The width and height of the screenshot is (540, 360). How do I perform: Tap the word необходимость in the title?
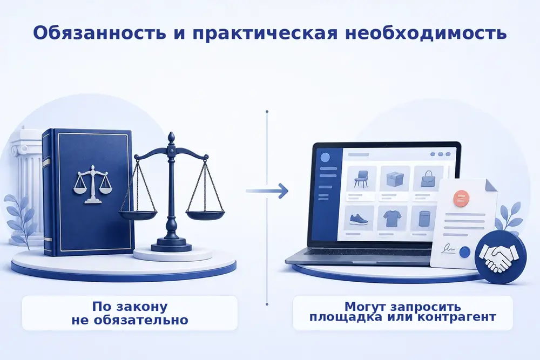pos(426,33)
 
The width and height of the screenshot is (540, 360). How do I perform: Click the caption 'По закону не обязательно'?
pos(130,313)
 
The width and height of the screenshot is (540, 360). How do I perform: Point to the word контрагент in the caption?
pos(457,316)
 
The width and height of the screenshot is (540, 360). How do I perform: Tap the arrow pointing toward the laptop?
pos(267,191)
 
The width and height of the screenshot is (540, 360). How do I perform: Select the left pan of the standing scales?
pos(138,215)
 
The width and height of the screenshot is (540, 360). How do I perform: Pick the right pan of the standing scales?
pos(205,215)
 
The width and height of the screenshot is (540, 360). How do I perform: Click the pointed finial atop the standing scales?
pos(171,138)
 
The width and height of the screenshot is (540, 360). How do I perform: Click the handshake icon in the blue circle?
pos(501,256)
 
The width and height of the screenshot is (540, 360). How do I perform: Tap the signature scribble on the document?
pos(448,247)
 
